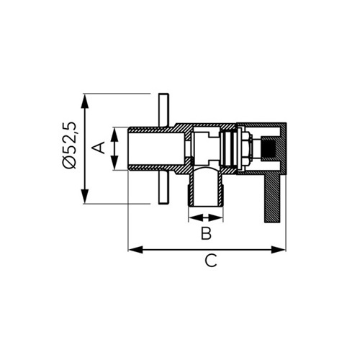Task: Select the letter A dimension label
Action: (x=99, y=148)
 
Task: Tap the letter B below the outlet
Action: (x=206, y=233)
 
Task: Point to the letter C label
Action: (x=211, y=261)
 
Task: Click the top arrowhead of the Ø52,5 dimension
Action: (x=85, y=100)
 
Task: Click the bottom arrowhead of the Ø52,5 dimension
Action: (x=85, y=197)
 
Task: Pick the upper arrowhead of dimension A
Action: (x=114, y=134)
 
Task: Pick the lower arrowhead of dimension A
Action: (x=114, y=163)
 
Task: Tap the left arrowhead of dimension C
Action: (x=135, y=250)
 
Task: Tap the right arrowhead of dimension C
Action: (x=279, y=250)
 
